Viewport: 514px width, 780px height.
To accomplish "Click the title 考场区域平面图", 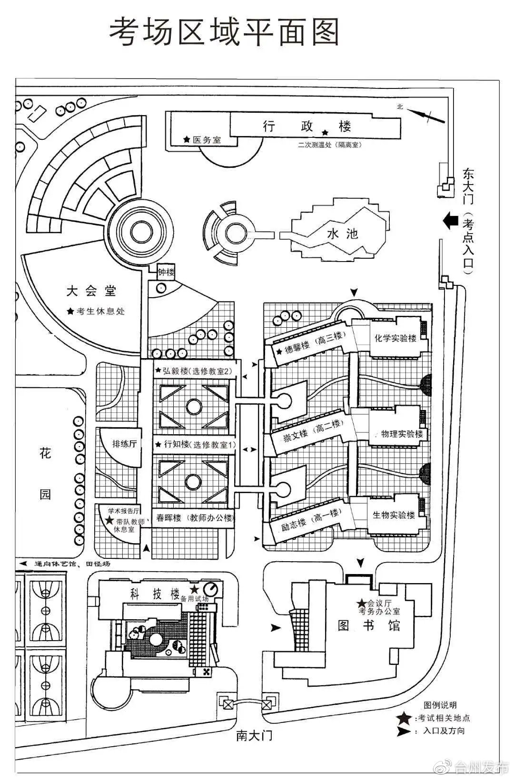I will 224,32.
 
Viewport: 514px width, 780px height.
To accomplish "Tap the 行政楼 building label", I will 307,126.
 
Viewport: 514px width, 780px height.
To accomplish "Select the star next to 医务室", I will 186,140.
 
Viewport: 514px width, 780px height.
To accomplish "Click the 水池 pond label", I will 342,234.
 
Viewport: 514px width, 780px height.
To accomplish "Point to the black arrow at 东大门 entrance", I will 450,221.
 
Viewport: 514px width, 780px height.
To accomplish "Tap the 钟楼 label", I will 166,273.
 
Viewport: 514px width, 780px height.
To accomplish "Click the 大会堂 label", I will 91,291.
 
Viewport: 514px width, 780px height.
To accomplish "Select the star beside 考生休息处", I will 70,312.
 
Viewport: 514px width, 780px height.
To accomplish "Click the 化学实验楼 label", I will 395,338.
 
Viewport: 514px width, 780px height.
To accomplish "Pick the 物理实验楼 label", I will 402,434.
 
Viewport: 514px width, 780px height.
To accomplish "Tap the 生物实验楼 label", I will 394,515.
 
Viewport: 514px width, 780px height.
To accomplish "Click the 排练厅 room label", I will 124,443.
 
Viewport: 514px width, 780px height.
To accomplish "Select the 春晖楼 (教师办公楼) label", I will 194,518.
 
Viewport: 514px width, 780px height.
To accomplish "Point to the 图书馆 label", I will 369,625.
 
